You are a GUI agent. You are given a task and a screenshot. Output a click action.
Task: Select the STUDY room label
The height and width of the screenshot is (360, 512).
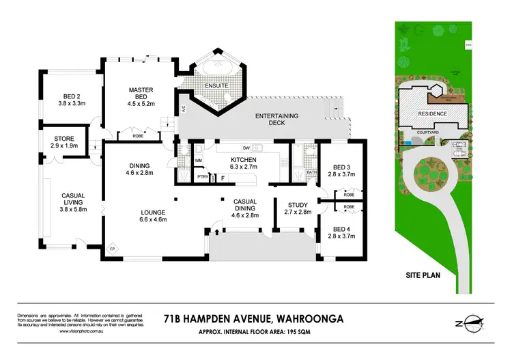pos(298,208)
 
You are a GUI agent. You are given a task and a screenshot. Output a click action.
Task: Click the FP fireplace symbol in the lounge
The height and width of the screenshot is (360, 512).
pos(113,249)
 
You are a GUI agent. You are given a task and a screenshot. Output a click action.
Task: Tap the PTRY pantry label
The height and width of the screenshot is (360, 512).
pos(202,177)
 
